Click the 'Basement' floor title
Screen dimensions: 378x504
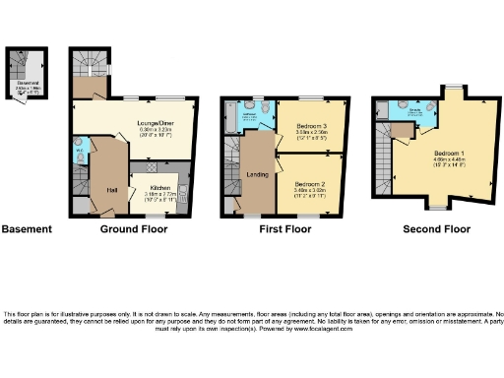coord(27,229)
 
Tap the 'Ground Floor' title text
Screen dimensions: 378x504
coord(134,229)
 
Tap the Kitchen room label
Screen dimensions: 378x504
coord(161,189)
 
